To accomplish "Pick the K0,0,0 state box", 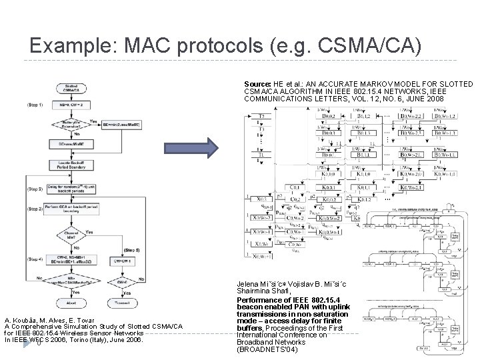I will click(329, 177).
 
